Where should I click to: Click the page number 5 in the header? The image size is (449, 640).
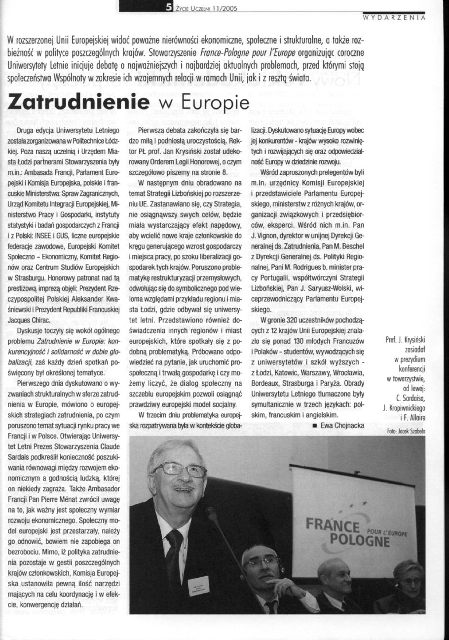tap(169, 6)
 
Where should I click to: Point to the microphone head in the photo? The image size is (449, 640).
tap(212, 514)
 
